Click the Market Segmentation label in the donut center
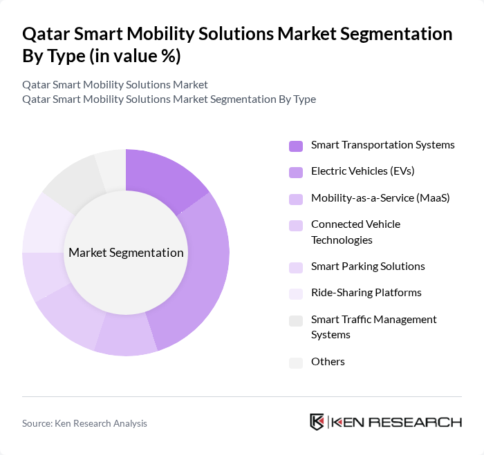126,253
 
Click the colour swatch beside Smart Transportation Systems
296,146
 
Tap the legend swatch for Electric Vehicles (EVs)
296,172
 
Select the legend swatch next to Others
296,362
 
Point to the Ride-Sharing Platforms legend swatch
296,293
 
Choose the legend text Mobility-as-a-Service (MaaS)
380,198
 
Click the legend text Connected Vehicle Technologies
355,232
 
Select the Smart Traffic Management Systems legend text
373,327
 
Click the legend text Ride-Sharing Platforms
366,293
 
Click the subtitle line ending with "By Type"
169,99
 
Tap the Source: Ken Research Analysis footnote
84,423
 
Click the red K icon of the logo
317,422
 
